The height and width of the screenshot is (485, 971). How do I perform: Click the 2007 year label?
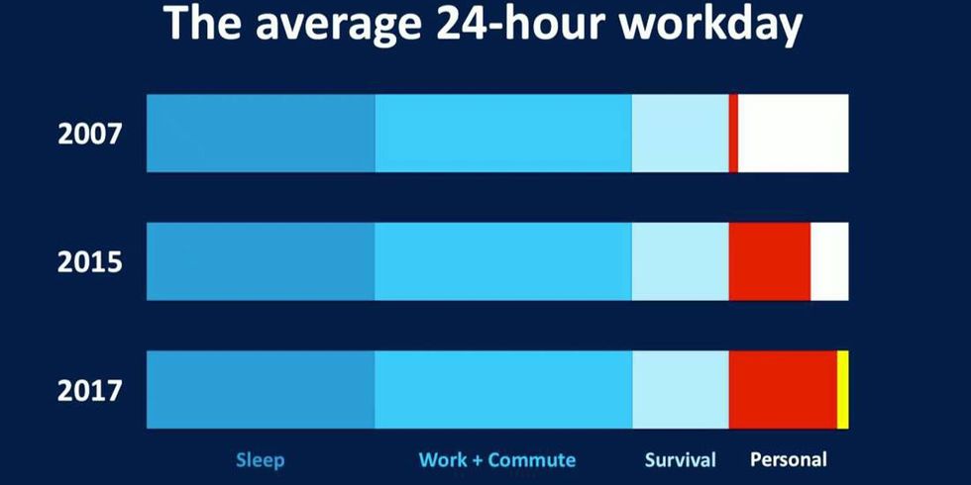(89, 135)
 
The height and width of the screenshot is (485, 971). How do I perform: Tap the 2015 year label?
(89, 263)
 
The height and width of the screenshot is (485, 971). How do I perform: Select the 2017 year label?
(89, 391)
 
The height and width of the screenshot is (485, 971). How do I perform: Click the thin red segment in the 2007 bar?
(733, 133)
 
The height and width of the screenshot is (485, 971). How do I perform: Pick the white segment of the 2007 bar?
(794, 133)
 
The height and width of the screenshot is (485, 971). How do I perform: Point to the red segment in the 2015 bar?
(770, 261)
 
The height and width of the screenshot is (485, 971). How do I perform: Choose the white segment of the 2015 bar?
(830, 261)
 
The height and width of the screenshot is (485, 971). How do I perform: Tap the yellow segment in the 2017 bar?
(843, 390)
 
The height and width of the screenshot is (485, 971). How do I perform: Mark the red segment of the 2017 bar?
(783, 390)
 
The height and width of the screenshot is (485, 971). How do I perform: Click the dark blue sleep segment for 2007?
(261, 133)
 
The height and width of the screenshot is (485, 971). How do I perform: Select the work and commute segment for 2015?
(503, 261)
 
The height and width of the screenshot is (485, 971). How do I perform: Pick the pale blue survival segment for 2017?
(681, 390)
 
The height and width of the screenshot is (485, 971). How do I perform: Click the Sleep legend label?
(260, 460)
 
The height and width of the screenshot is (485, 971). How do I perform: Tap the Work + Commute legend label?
(497, 460)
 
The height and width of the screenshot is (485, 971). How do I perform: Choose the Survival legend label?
(680, 459)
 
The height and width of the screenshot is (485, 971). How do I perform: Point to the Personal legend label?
(789, 459)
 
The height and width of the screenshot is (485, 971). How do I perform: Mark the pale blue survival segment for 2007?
(681, 133)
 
